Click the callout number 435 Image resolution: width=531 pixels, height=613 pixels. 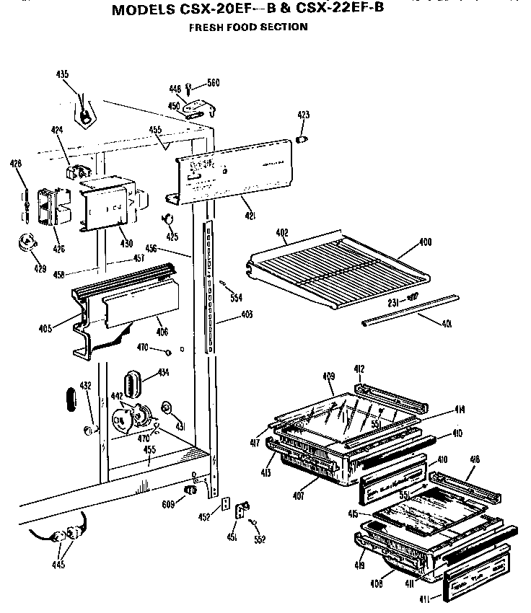coord(63,74)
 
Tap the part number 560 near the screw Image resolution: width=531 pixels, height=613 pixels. coord(213,83)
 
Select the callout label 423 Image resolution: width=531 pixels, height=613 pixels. coord(303,115)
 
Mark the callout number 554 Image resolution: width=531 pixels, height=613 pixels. coord(234,298)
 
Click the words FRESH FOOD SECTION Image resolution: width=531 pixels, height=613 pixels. coord(248,27)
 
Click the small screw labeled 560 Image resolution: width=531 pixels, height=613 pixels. coord(189,88)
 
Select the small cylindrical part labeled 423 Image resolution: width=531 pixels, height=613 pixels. coord(303,137)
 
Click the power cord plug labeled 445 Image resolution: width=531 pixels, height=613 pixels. coord(70,534)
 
